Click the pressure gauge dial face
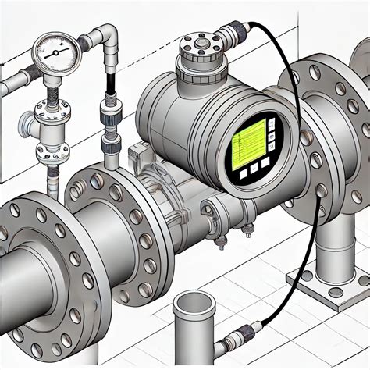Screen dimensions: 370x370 coord(55,52)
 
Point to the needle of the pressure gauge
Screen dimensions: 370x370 coord(53,53)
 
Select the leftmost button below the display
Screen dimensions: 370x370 coord(244,172)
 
